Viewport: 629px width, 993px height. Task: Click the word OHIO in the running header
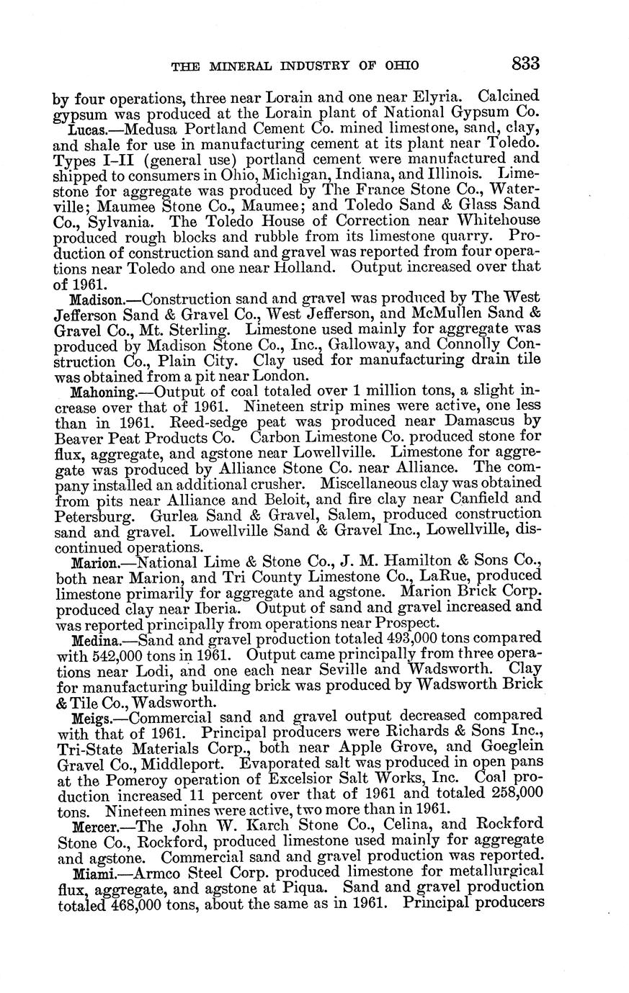401,66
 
